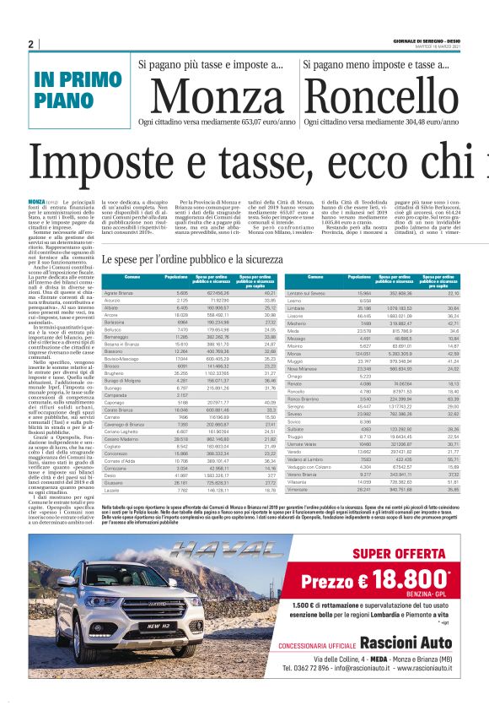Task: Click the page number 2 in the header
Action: [30, 44]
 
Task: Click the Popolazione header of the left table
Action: [176, 278]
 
